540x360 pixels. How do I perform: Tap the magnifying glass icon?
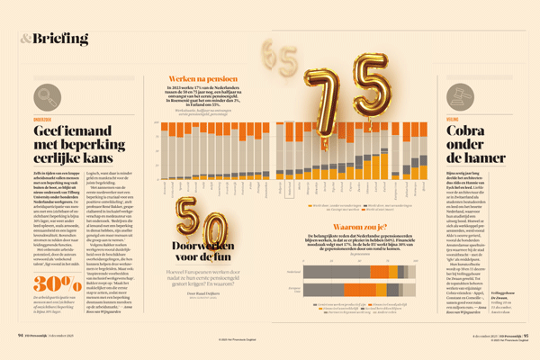click(43, 97)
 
